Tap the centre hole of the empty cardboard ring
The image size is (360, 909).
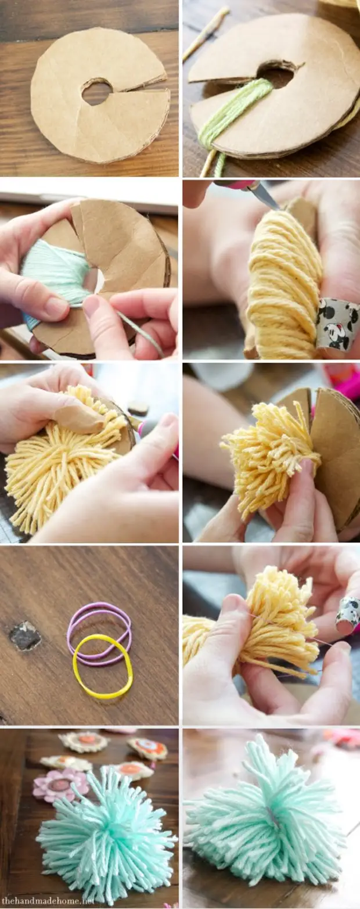[x=97, y=92]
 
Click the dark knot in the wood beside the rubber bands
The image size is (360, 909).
[x=25, y=635]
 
